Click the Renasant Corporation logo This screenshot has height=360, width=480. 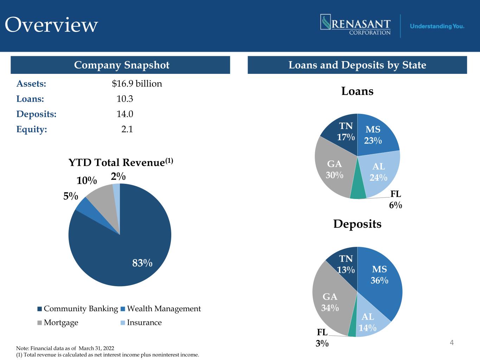[356, 25]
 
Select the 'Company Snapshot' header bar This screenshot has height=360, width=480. [120, 65]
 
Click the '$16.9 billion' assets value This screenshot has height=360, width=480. [137, 84]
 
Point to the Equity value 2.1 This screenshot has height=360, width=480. [127, 129]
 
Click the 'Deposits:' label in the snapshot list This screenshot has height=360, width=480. [36, 114]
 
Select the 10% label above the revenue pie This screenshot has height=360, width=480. [87, 181]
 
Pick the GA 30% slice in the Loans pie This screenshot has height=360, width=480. [334, 169]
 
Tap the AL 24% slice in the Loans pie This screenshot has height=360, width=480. [379, 172]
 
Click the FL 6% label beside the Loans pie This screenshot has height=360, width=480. [395, 200]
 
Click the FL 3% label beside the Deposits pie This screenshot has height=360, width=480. [322, 338]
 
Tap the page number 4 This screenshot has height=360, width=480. [452, 342]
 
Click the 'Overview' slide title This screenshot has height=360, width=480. [51, 25]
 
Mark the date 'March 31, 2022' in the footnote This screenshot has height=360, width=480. [96, 348]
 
